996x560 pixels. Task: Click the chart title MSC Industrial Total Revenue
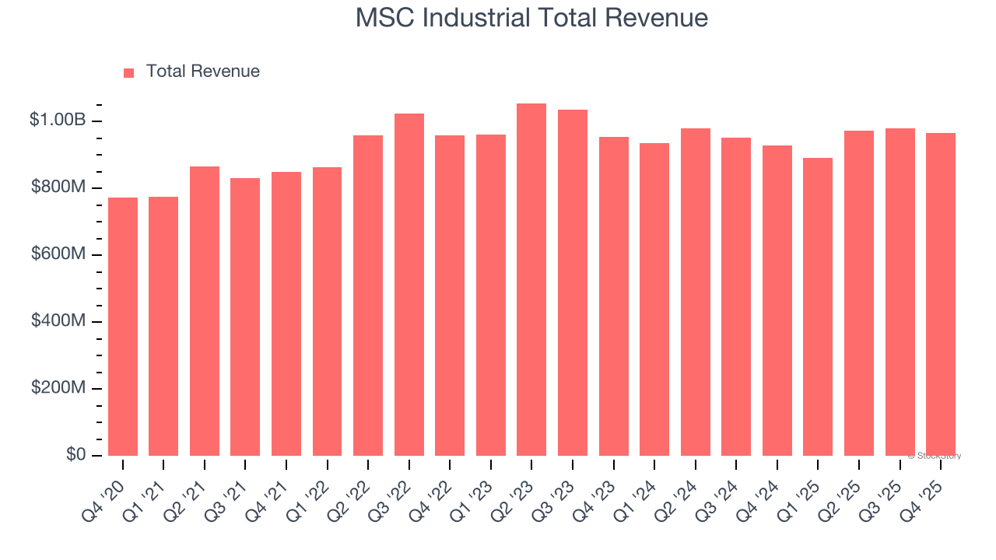pos(531,18)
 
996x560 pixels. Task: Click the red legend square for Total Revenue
pos(129,72)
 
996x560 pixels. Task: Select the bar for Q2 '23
pos(531,280)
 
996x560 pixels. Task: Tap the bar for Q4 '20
pos(123,327)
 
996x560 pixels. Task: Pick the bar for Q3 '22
pos(409,285)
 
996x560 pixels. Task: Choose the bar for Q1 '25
pos(818,307)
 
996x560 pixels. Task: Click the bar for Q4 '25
pos(940,294)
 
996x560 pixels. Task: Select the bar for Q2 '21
pos(205,311)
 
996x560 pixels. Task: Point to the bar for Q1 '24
pos(654,299)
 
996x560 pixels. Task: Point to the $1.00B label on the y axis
pos(58,121)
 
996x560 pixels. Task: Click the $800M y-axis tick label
pos(58,187)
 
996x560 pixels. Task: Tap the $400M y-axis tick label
pos(58,321)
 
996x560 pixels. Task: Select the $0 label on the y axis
pos(75,455)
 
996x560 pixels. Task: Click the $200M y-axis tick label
pos(58,388)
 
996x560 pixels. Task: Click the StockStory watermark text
pos(935,456)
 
